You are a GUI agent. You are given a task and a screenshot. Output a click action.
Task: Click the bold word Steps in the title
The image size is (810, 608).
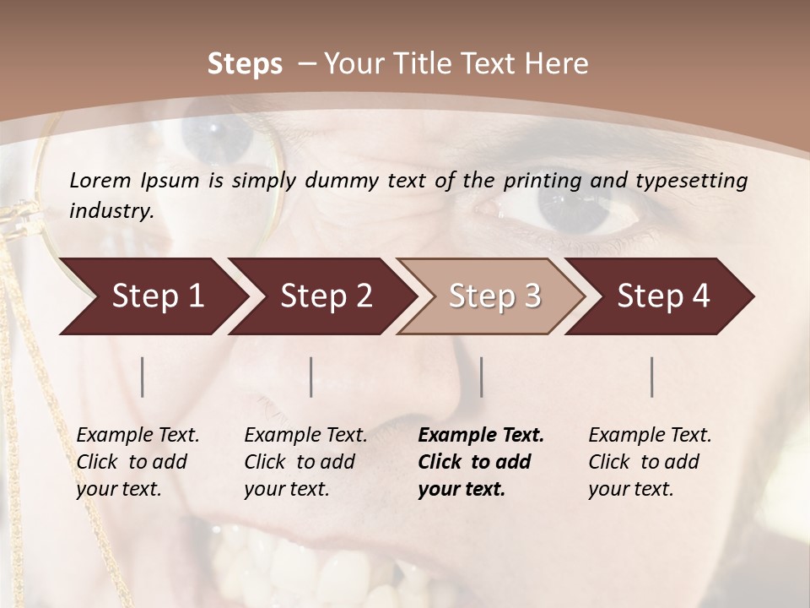[x=245, y=64]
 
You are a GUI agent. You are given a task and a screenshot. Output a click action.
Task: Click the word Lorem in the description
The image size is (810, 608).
[x=100, y=181]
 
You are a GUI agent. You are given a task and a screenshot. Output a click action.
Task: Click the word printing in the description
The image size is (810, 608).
[x=540, y=181]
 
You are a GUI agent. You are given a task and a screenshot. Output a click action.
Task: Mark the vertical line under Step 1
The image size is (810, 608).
[x=143, y=377]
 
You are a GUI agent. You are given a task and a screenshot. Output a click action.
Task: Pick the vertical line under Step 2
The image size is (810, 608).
[x=311, y=377]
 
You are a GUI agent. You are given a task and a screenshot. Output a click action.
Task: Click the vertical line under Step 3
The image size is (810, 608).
[x=481, y=377]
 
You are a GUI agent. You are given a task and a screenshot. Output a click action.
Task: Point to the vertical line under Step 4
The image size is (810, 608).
[x=652, y=377]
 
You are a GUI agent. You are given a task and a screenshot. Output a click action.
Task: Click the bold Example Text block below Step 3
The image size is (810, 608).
[x=481, y=462]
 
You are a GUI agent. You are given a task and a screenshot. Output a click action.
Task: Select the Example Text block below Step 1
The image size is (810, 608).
[x=138, y=462]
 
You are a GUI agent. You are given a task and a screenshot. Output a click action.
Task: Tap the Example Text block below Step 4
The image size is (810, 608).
[x=650, y=462]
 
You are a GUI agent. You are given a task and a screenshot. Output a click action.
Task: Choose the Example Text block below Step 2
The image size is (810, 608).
[x=305, y=462]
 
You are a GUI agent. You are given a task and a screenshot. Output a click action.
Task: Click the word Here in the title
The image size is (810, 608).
[x=558, y=64]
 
